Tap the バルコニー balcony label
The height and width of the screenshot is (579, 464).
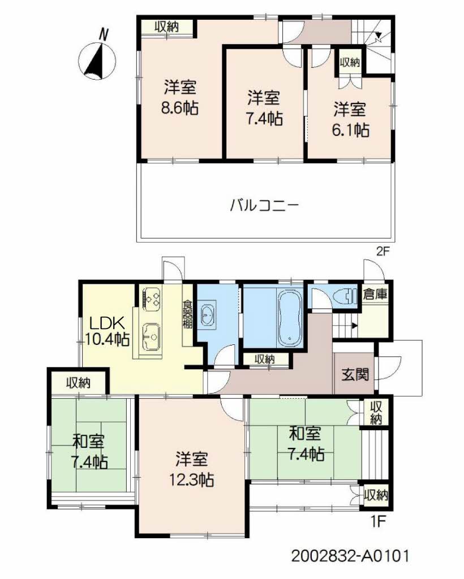264,204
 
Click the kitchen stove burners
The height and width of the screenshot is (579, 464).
152,297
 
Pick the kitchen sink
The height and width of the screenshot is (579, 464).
151,338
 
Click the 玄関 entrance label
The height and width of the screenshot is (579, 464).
355,374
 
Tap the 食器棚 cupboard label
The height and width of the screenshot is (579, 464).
187,314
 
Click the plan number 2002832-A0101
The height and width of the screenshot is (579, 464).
350,555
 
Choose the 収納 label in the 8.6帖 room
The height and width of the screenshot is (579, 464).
167,27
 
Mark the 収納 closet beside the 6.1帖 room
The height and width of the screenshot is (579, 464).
350,63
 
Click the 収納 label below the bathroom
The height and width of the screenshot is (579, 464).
265,358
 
